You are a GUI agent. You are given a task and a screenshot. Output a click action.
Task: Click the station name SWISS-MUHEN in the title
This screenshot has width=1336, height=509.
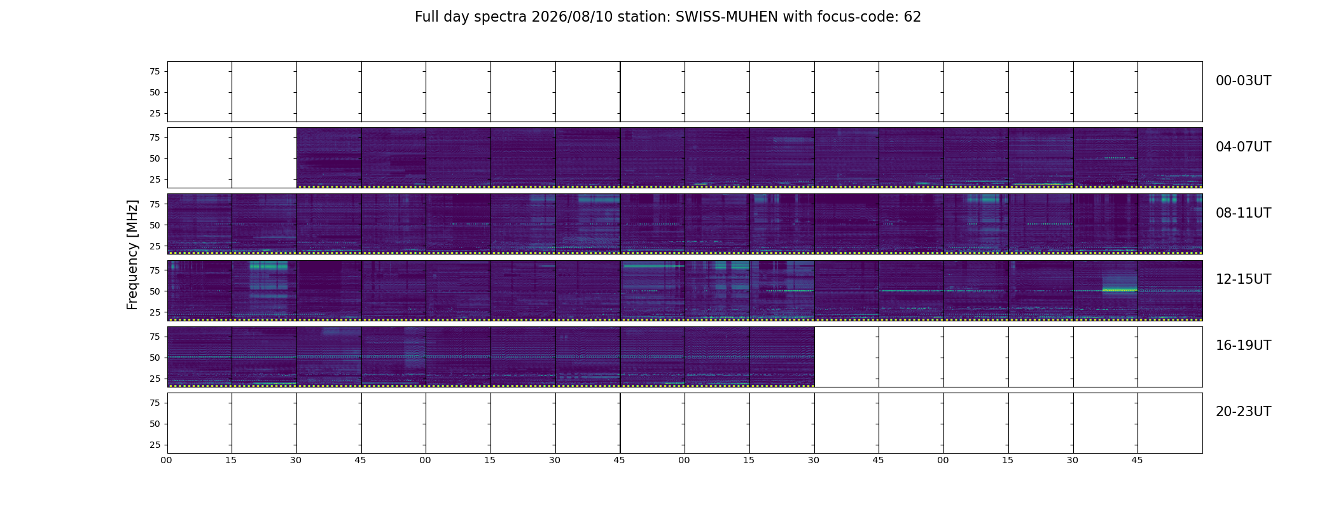click(727, 17)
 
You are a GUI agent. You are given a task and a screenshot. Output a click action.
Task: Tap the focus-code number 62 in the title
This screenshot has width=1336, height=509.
click(912, 17)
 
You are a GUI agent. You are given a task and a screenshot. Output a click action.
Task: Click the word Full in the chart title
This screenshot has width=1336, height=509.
click(426, 17)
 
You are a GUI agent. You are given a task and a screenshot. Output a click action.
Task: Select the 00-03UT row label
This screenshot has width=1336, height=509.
click(1243, 81)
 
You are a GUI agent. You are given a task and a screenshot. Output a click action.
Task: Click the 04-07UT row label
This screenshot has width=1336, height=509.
click(1243, 147)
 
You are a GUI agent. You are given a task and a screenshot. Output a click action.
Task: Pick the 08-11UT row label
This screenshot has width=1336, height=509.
click(1243, 213)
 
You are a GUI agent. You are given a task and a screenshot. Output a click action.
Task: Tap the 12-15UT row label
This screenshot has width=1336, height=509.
click(1243, 279)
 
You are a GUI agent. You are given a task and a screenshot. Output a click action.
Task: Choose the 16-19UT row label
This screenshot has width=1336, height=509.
click(1243, 345)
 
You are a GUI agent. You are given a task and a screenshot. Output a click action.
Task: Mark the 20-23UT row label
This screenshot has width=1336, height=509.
click(1243, 412)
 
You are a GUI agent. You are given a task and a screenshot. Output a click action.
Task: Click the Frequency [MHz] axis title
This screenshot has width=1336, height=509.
click(132, 254)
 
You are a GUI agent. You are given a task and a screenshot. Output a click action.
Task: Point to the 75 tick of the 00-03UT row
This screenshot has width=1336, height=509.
click(155, 71)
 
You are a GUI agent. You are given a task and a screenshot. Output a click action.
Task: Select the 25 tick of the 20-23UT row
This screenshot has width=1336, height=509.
click(155, 445)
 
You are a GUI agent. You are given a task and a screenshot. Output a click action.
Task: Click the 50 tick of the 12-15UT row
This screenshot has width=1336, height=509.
click(155, 291)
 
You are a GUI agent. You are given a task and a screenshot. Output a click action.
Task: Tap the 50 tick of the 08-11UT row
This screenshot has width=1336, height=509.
click(155, 225)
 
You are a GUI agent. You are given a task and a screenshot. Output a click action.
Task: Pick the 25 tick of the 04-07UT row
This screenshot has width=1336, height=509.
click(155, 179)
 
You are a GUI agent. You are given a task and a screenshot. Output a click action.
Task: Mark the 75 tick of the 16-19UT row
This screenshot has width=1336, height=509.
click(155, 337)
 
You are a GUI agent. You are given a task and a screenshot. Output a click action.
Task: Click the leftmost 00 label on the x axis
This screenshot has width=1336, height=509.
click(167, 460)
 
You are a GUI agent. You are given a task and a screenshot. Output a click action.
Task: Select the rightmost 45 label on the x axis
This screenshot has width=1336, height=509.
click(1137, 460)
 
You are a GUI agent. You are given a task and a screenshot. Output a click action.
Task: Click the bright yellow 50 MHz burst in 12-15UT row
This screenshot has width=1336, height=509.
click(1120, 290)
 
